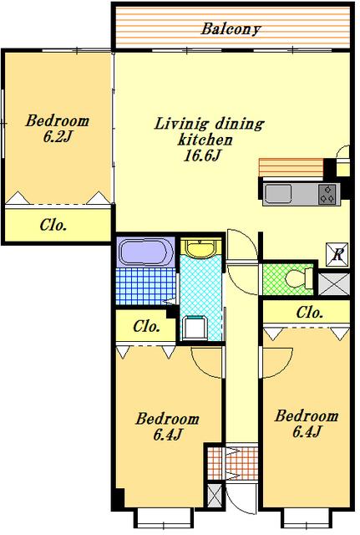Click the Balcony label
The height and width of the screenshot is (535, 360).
(231, 29)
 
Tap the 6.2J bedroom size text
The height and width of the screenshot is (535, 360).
(58, 137)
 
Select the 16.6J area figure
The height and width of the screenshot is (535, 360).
(203, 156)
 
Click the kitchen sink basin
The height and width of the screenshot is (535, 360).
(278, 194)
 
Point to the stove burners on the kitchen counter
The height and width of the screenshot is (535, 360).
(327, 194)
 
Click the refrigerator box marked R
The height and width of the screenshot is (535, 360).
(337, 254)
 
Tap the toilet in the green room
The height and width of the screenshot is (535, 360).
(299, 278)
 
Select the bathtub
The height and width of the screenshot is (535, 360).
(145, 252)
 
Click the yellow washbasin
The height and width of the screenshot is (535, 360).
(200, 248)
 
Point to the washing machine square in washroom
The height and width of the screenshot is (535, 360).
(195, 329)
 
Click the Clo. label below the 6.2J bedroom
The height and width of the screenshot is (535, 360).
(53, 225)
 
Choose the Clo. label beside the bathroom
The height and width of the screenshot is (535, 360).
(147, 327)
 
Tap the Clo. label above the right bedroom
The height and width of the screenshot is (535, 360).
(309, 312)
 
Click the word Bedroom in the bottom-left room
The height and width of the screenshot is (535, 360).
(167, 419)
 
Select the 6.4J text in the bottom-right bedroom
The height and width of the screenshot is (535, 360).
(307, 432)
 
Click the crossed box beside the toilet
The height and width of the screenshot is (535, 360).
(334, 284)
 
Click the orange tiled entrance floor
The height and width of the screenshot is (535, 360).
(233, 463)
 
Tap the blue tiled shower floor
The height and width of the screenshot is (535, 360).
(146, 286)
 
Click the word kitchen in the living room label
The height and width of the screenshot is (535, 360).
(205, 140)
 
